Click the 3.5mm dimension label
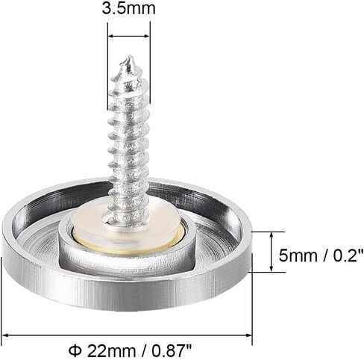pos(128,8)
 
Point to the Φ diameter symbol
pos(75,350)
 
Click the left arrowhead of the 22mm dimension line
pos(5,335)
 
